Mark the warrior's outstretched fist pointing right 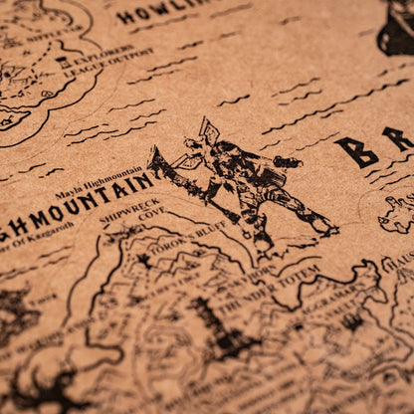pyautogui.click(x=290, y=161)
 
